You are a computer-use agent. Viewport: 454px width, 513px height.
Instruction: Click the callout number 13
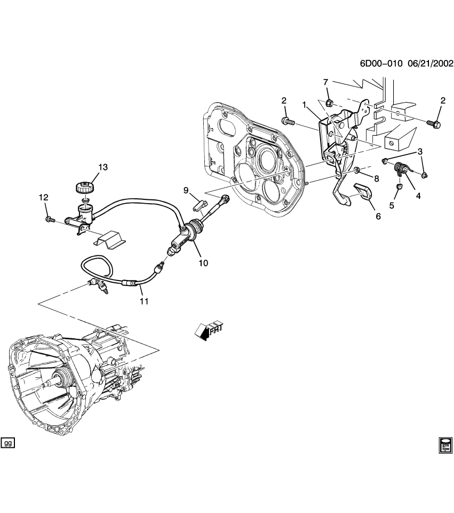(102, 167)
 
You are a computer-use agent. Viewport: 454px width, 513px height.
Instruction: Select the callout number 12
(43, 198)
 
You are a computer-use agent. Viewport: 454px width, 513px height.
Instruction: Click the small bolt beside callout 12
(49, 218)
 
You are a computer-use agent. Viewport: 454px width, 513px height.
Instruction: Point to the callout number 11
(144, 301)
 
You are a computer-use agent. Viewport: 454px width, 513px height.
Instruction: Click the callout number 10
(204, 263)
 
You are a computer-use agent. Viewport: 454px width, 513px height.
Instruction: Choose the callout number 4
(418, 196)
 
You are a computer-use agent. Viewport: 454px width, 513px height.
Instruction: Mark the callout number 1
(305, 105)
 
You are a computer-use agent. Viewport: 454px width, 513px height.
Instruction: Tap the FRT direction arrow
(208, 331)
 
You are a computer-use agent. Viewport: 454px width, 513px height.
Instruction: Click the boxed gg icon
(8, 443)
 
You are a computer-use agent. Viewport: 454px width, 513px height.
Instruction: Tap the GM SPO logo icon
(445, 445)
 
